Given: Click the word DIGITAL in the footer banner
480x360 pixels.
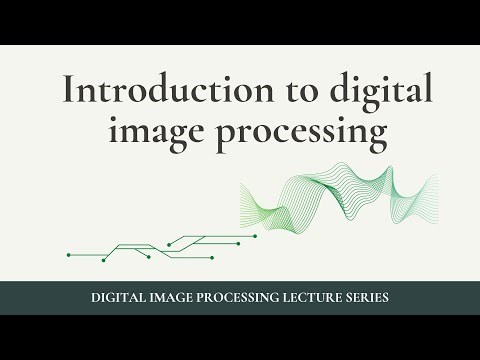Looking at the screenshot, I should point(119,298).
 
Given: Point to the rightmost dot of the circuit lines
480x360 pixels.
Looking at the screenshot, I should point(255,236).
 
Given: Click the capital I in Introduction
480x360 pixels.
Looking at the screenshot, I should point(68,90).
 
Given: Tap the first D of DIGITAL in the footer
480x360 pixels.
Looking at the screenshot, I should point(95,298).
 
